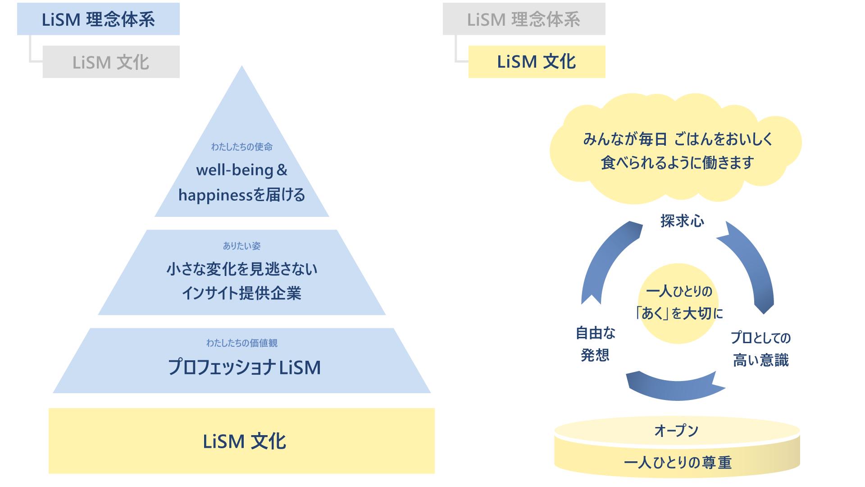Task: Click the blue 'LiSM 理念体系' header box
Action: click(x=98, y=19)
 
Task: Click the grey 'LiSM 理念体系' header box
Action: click(x=524, y=19)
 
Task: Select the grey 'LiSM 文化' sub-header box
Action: click(x=111, y=62)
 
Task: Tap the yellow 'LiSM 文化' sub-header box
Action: click(x=537, y=62)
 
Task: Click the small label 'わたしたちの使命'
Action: click(x=242, y=147)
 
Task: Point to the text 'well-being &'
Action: click(x=241, y=170)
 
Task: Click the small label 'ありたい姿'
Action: click(x=242, y=246)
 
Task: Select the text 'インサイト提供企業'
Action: click(x=242, y=293)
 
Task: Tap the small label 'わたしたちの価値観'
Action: click(x=242, y=343)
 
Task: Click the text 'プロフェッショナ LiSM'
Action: click(x=244, y=368)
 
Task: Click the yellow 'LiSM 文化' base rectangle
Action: click(x=242, y=441)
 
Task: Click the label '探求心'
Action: click(x=682, y=221)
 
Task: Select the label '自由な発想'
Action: click(x=595, y=344)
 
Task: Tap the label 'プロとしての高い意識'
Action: click(x=760, y=349)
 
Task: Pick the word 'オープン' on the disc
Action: click(x=676, y=431)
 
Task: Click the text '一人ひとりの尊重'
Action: click(x=677, y=463)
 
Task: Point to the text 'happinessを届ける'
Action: click(x=242, y=195)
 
